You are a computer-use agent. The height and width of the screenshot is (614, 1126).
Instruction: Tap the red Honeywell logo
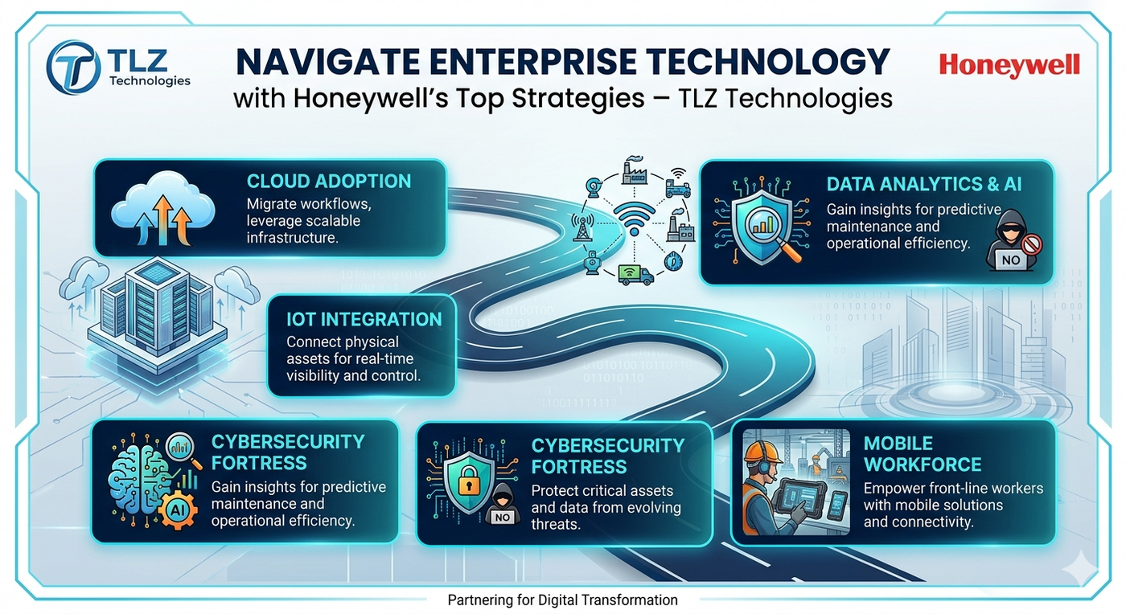[x=1009, y=66]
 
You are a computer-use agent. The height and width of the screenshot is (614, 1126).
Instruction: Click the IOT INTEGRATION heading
[x=364, y=319]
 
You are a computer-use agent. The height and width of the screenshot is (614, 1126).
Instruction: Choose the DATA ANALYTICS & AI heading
[x=924, y=184]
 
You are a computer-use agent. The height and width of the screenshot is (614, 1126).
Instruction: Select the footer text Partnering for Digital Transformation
[x=562, y=600]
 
